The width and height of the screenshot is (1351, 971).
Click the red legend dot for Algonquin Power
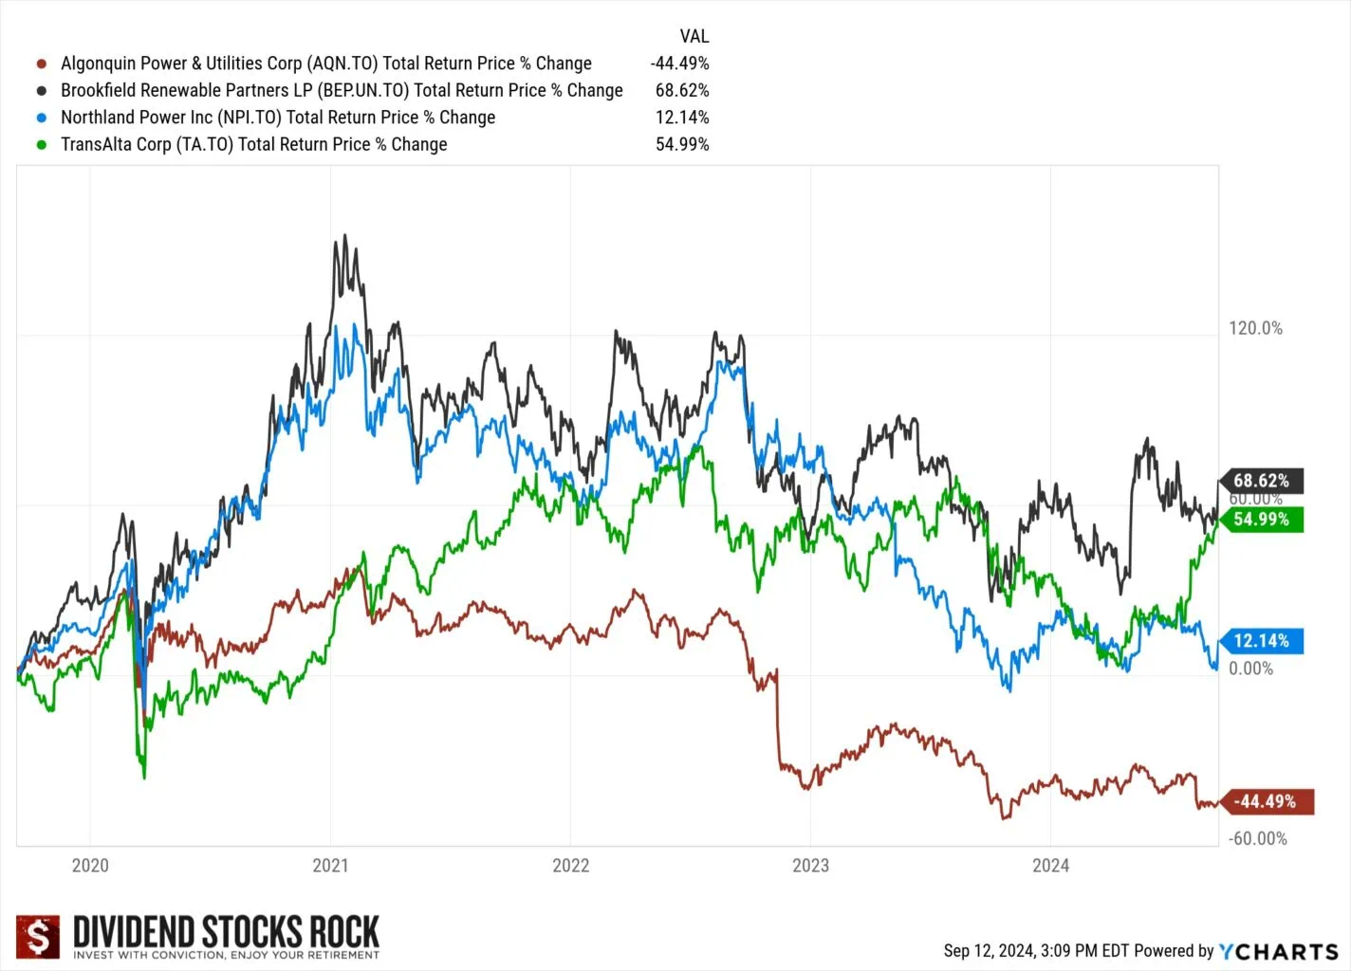(x=42, y=64)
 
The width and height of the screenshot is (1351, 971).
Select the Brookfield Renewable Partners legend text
(x=342, y=91)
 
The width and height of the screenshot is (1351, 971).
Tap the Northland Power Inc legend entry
(x=277, y=118)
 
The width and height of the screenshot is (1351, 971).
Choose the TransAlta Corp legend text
(x=253, y=145)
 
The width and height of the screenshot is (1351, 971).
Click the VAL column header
(x=694, y=37)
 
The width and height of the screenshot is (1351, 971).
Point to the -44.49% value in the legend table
(x=679, y=64)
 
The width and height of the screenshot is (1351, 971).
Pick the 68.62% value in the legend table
(x=681, y=91)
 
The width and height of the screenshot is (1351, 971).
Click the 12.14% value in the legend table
(x=681, y=118)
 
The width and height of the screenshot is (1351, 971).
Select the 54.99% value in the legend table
(x=681, y=145)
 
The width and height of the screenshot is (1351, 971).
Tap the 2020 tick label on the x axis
(x=90, y=866)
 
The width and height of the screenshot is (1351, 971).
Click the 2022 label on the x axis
(x=570, y=866)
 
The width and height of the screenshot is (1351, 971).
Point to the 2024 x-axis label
(x=1050, y=866)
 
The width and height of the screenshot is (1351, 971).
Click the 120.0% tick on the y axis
(x=1255, y=329)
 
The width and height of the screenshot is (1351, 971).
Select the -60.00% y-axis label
(x=1258, y=839)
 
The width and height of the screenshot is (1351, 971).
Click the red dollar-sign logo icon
(x=38, y=937)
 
